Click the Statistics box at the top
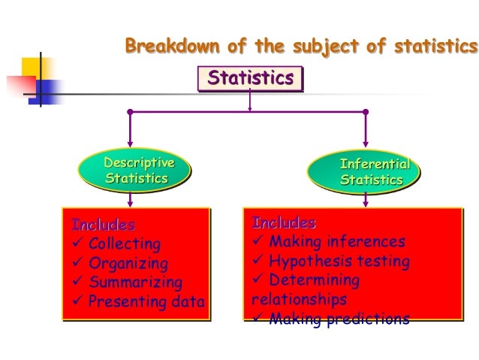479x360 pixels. tap(249, 78)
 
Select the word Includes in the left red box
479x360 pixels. tap(104, 225)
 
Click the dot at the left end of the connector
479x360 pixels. tap(130, 112)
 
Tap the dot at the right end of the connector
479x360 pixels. tap(366, 112)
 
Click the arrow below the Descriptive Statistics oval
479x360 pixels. tap(131, 198)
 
